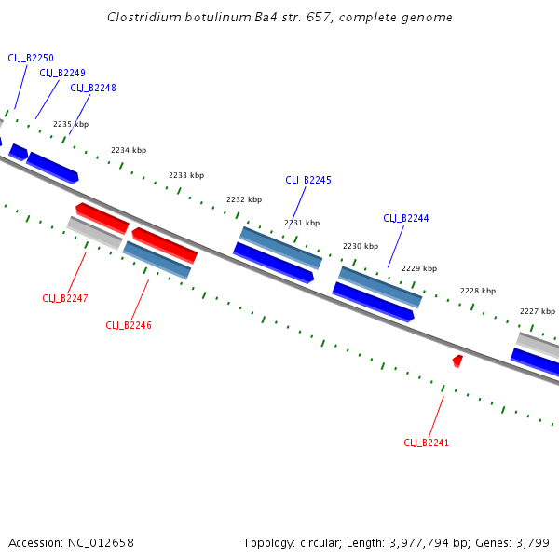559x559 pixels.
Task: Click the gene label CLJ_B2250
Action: coord(31,58)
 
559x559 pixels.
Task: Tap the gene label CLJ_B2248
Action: coord(93,88)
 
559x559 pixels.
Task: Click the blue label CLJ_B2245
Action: coord(307,180)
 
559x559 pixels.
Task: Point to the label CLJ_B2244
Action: coord(406,218)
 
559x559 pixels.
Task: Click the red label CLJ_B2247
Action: coord(65,298)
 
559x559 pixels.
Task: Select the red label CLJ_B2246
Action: coord(129,325)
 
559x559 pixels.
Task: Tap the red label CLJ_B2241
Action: coord(426,443)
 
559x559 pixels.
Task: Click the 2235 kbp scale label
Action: coord(71,124)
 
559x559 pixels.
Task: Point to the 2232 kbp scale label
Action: coord(244,199)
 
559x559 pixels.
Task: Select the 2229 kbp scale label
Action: coord(419,268)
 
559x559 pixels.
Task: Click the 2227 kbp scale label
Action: coord(538,311)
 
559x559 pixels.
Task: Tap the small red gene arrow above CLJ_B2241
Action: coord(457,360)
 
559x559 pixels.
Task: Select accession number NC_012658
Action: coord(102,542)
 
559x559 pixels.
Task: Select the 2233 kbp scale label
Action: coord(186,175)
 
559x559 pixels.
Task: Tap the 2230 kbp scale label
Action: coord(361,246)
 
